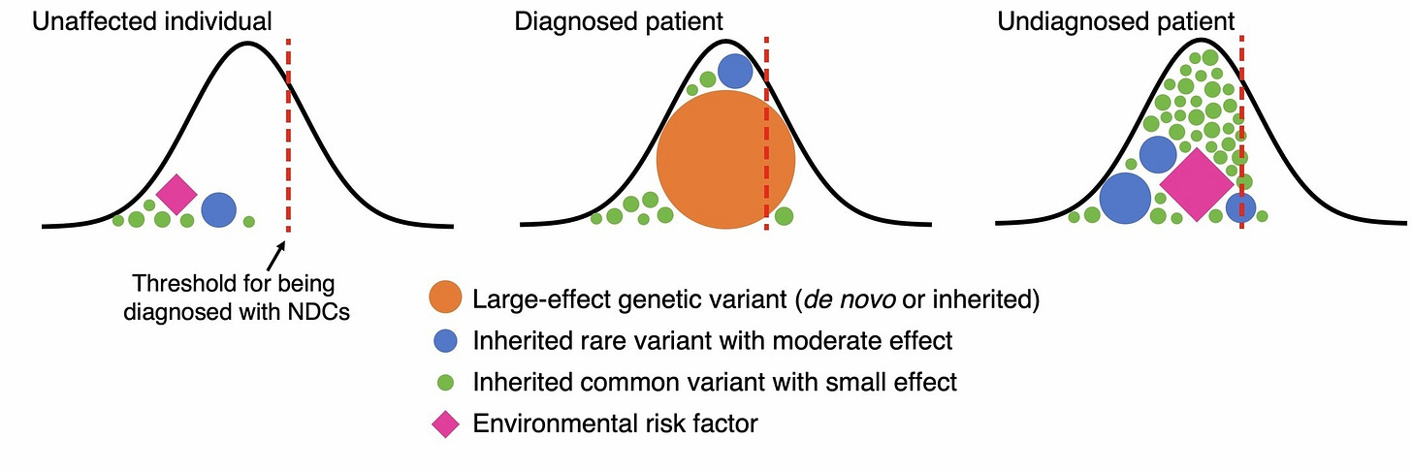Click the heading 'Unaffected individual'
click(152, 20)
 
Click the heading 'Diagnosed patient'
click(620, 20)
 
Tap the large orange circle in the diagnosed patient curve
click(725, 160)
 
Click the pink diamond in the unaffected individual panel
click(176, 194)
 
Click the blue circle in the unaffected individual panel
click(219, 208)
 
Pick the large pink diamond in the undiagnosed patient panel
click(1197, 184)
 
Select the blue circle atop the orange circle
click(735, 71)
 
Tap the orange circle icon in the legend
click(445, 299)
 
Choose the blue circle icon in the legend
click(445, 341)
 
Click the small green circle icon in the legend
click(445, 382)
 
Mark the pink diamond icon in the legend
click(445, 424)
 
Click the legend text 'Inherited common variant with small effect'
click(715, 382)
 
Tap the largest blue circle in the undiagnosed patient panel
click(1125, 198)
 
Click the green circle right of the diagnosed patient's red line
click(784, 215)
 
